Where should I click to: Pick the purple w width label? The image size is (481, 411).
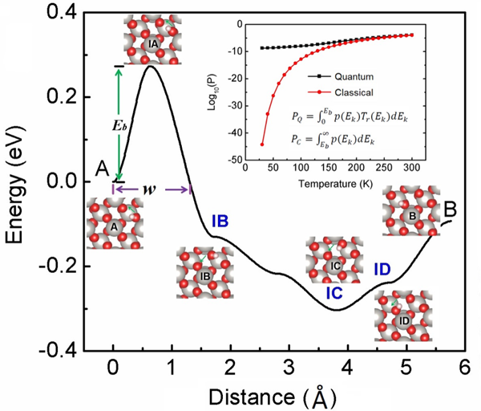(150, 189)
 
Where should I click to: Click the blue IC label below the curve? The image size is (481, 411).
(334, 295)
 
